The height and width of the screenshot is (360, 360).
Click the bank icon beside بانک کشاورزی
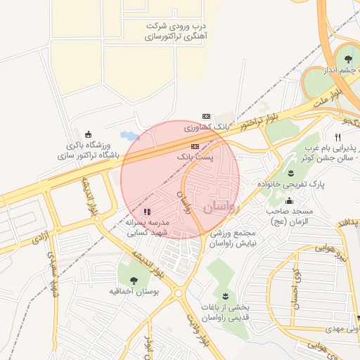[206, 116]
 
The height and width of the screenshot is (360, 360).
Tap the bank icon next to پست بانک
[195, 146]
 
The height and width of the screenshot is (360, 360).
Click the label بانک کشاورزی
[207, 127]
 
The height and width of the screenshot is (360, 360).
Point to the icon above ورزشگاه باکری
[88, 134]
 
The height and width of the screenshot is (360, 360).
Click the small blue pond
[129, 134]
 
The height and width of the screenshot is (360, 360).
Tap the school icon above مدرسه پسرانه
[147, 211]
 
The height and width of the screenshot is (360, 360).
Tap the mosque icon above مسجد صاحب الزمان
[289, 202]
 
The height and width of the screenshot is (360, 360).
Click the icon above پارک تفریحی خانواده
[291, 173]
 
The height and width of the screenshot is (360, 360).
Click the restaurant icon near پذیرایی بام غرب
[338, 137]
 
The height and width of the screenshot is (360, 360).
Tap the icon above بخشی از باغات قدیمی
[225, 297]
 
